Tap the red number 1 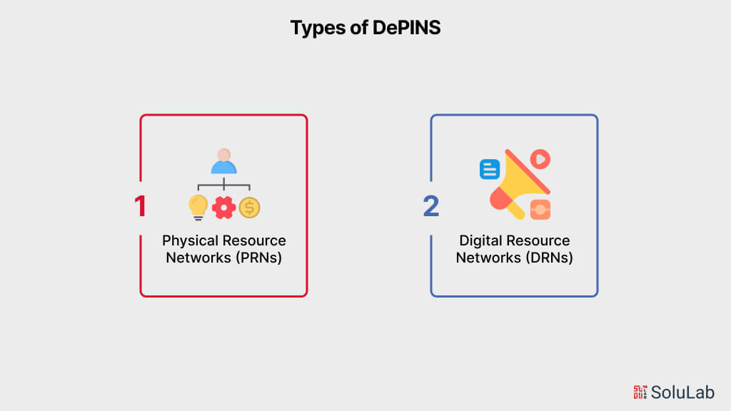(x=140, y=206)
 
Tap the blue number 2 (x=430, y=206)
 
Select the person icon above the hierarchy (x=223, y=161)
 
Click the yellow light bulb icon (x=198, y=208)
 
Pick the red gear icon (x=223, y=208)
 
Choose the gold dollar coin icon (x=249, y=208)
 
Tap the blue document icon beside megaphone (x=489, y=169)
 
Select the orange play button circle (x=540, y=158)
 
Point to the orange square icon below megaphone (x=540, y=209)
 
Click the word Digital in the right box (x=482, y=241)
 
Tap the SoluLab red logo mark (x=640, y=391)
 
